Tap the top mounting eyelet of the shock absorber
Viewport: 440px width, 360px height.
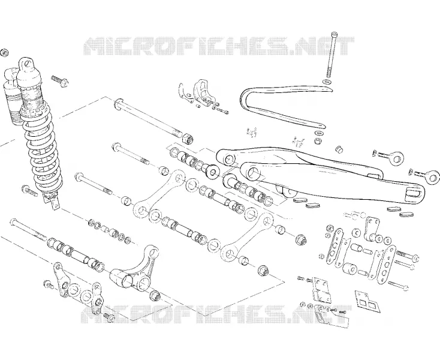27,64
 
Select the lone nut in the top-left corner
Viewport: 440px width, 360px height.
4,53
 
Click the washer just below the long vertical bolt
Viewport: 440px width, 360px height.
327,82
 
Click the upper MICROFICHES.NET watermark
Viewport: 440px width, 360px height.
219,46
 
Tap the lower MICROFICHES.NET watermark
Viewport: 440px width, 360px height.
216,314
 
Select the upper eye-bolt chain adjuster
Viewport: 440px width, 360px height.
391,157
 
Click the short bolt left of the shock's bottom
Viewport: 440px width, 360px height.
29,191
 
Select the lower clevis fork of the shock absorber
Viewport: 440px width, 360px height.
52,200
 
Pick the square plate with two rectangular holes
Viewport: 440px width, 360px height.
367,301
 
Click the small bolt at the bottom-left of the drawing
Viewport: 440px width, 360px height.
109,317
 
